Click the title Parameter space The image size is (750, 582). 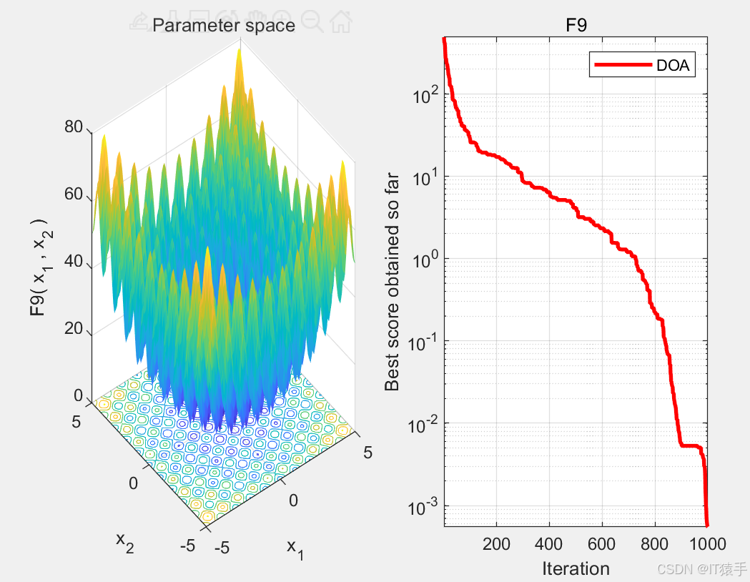(224, 26)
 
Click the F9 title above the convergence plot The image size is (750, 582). (576, 26)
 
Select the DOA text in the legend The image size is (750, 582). (672, 66)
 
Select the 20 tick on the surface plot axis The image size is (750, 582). (74, 330)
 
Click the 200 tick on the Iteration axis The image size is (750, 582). (496, 544)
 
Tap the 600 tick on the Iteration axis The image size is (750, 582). (602, 544)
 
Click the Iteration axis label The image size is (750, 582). (576, 568)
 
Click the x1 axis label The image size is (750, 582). (295, 548)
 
